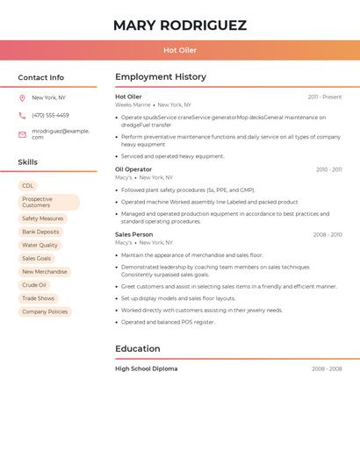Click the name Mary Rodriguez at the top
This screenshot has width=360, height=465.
tap(180, 25)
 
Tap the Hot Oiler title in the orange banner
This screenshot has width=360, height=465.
tap(180, 50)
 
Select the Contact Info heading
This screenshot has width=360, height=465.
tap(41, 77)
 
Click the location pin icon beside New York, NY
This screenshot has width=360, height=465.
tap(22, 98)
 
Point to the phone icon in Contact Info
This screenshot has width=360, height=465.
tap(22, 115)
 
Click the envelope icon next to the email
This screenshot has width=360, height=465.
tap(22, 134)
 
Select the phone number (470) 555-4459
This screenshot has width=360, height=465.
tap(50, 115)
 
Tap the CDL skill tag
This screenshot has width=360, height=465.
tap(28, 186)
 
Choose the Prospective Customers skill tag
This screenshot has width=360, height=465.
tap(48, 202)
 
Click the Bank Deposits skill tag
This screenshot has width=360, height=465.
tap(40, 232)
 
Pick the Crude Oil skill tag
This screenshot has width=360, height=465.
tap(34, 285)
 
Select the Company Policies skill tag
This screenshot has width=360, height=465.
tap(45, 311)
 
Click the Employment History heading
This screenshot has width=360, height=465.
tap(161, 77)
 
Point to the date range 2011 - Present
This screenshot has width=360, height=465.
tap(325, 97)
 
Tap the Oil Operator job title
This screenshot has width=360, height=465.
tap(133, 169)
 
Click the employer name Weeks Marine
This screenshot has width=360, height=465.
tap(133, 104)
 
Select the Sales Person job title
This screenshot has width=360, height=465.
tap(133, 234)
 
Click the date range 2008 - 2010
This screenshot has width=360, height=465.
tap(328, 235)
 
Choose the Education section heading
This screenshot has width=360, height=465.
tap(138, 348)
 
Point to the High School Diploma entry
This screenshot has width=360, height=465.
tap(146, 368)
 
